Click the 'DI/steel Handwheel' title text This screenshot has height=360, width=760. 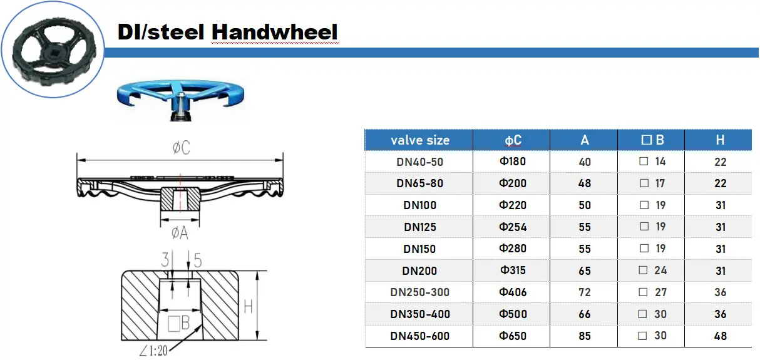point(228,31)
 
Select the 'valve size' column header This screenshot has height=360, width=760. point(419,140)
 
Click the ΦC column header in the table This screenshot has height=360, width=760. point(512,140)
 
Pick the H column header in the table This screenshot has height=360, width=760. point(720,140)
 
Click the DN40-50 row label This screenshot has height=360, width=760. point(419,162)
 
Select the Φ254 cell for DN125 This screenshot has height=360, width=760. point(512,227)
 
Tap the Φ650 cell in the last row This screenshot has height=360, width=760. point(512,336)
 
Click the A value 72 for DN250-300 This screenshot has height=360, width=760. point(585,292)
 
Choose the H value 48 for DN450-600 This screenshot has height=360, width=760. point(720,336)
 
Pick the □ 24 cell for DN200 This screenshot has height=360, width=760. point(652,270)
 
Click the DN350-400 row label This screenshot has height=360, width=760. point(419,314)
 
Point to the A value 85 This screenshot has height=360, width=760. point(585,336)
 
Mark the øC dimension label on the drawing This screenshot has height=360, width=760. point(181,148)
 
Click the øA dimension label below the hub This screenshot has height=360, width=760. point(180,233)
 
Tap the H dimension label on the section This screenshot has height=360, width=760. point(249,306)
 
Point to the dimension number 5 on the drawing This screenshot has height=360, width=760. point(197,260)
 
